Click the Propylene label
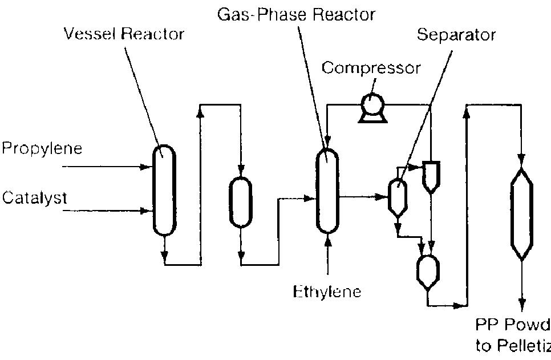click(42, 149)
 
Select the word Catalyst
click(35, 198)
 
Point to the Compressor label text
click(371, 68)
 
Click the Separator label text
click(456, 35)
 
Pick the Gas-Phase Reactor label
click(296, 14)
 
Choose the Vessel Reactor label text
click(124, 34)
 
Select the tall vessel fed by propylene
click(164, 189)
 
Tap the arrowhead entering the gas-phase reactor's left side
click(311, 199)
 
